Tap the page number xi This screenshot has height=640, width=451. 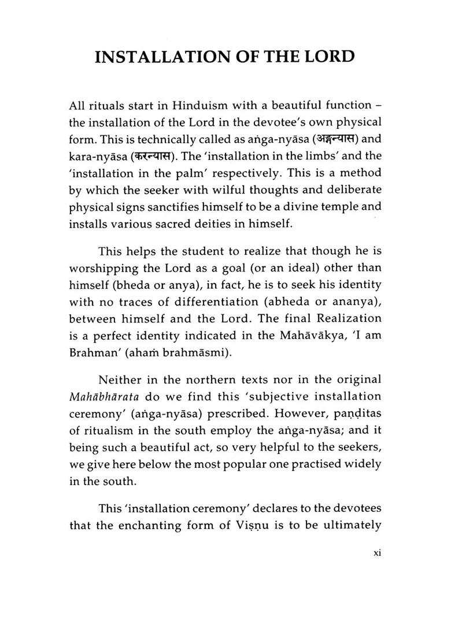point(376,553)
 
